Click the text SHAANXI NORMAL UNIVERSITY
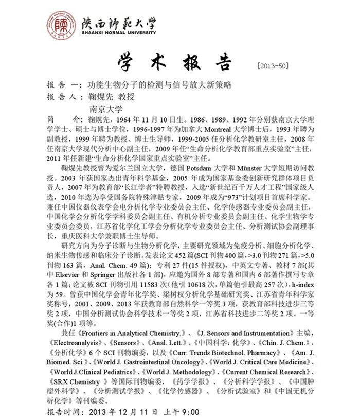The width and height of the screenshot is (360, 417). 119,33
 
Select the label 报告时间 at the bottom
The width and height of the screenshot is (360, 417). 64,412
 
